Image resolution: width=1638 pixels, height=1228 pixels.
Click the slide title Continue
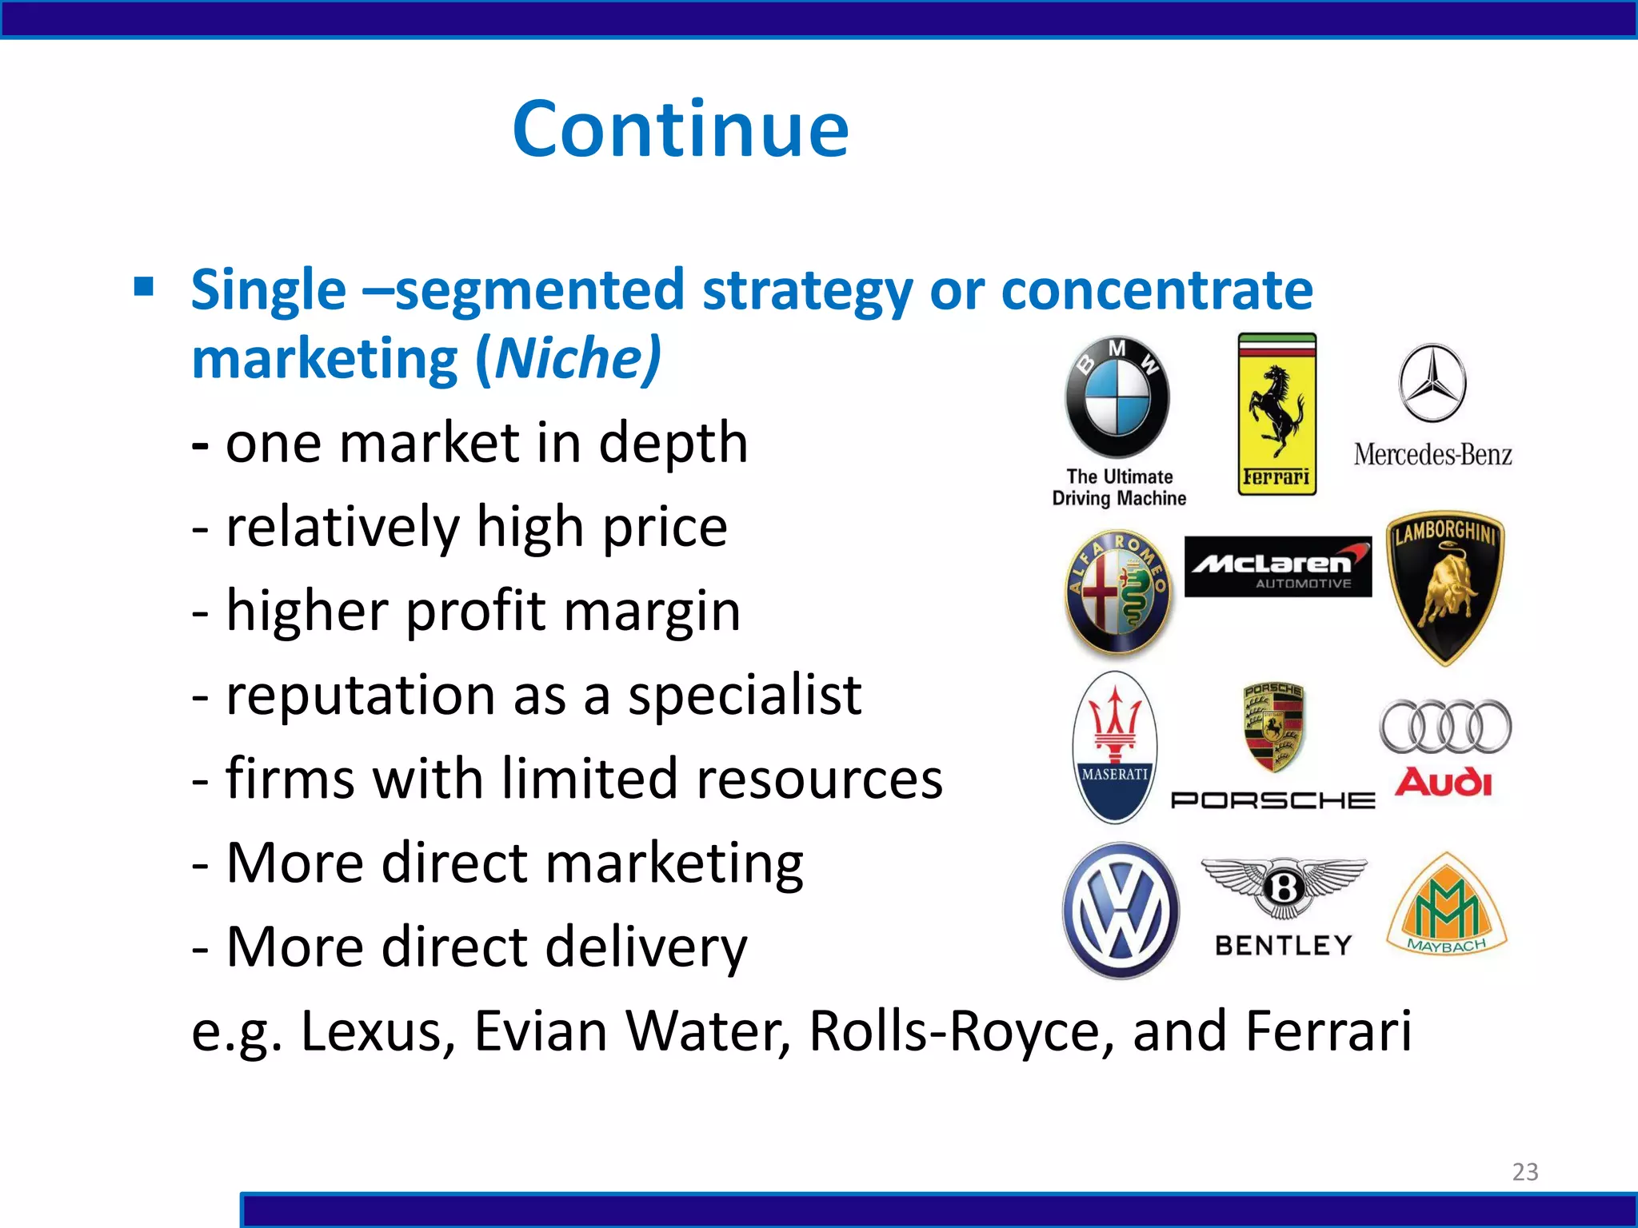pyautogui.click(x=681, y=129)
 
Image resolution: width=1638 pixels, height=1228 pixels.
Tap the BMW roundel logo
pyautogui.click(x=1117, y=397)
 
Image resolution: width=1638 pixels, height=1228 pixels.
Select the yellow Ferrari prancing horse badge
pyautogui.click(x=1276, y=413)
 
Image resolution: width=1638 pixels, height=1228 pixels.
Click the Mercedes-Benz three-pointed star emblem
pyautogui.click(x=1432, y=383)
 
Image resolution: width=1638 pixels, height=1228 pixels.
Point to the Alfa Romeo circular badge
pyautogui.click(x=1119, y=592)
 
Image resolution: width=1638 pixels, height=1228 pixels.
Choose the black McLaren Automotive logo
pyautogui.click(x=1277, y=567)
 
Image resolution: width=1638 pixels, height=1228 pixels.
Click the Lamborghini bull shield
pyautogui.click(x=1445, y=588)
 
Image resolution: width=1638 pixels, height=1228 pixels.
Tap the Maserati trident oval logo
pyautogui.click(x=1114, y=747)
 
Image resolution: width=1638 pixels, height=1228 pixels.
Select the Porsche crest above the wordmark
pyautogui.click(x=1274, y=727)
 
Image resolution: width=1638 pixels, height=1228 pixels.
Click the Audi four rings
pyautogui.click(x=1445, y=727)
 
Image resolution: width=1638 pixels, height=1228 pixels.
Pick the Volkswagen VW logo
pyautogui.click(x=1121, y=911)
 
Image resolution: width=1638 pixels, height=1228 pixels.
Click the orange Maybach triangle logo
pyautogui.click(x=1447, y=907)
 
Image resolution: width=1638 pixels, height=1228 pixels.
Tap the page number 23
pyautogui.click(x=1524, y=1172)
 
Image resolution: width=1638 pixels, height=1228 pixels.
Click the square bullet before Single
pyautogui.click(x=144, y=286)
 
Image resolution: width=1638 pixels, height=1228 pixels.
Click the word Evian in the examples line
pyautogui.click(x=541, y=1031)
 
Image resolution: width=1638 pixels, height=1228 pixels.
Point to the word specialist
pyautogui.click(x=744, y=695)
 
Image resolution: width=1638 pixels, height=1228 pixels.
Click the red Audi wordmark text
pyautogui.click(x=1444, y=783)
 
